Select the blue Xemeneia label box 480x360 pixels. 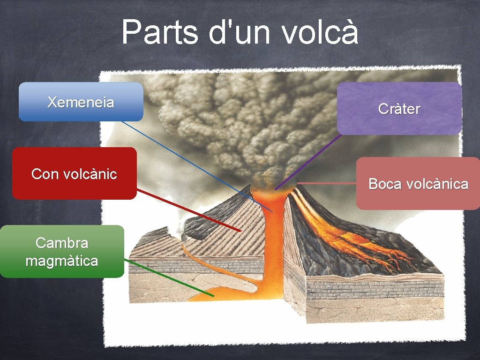(81, 102)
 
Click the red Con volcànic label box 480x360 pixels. (74, 174)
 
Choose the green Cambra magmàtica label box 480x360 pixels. (62, 252)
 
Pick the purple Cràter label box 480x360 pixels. (399, 109)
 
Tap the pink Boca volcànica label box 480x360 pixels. (418, 184)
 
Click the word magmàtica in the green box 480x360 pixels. (62, 261)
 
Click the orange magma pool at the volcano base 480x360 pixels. (220, 293)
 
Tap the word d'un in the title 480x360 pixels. (241, 32)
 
